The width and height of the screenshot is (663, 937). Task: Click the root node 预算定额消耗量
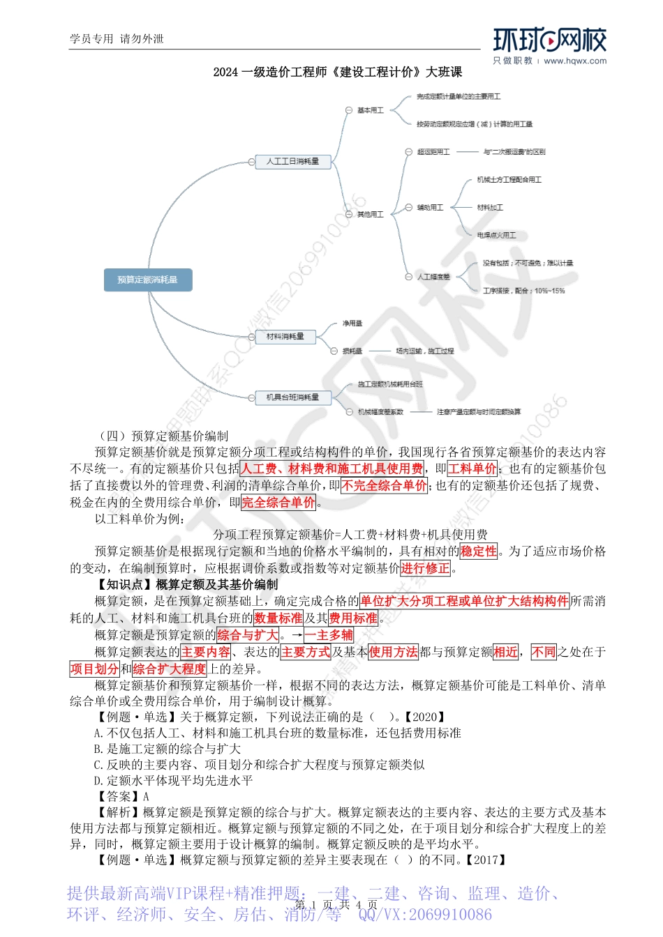147,280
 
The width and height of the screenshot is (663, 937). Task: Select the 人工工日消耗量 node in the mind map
292,161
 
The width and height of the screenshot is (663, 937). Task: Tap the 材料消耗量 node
285,337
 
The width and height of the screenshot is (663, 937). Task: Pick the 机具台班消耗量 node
292,397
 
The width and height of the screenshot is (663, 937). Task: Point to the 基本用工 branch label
370,110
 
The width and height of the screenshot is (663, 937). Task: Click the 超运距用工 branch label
433,152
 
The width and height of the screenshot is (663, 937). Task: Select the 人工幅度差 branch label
433,277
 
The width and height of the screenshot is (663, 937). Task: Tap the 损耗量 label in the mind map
352,351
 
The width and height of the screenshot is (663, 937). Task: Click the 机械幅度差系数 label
380,412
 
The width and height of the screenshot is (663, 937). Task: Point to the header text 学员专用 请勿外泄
117,39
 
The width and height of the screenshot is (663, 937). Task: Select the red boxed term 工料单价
472,469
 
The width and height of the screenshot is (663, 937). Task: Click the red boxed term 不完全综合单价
385,486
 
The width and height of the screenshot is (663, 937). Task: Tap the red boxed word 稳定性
479,551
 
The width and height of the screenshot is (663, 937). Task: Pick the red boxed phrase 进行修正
426,568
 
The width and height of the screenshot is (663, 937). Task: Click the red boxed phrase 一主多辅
329,635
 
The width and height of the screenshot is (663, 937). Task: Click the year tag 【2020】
424,717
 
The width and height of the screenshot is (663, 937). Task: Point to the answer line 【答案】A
123,796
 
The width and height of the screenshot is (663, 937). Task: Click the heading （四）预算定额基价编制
163,436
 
